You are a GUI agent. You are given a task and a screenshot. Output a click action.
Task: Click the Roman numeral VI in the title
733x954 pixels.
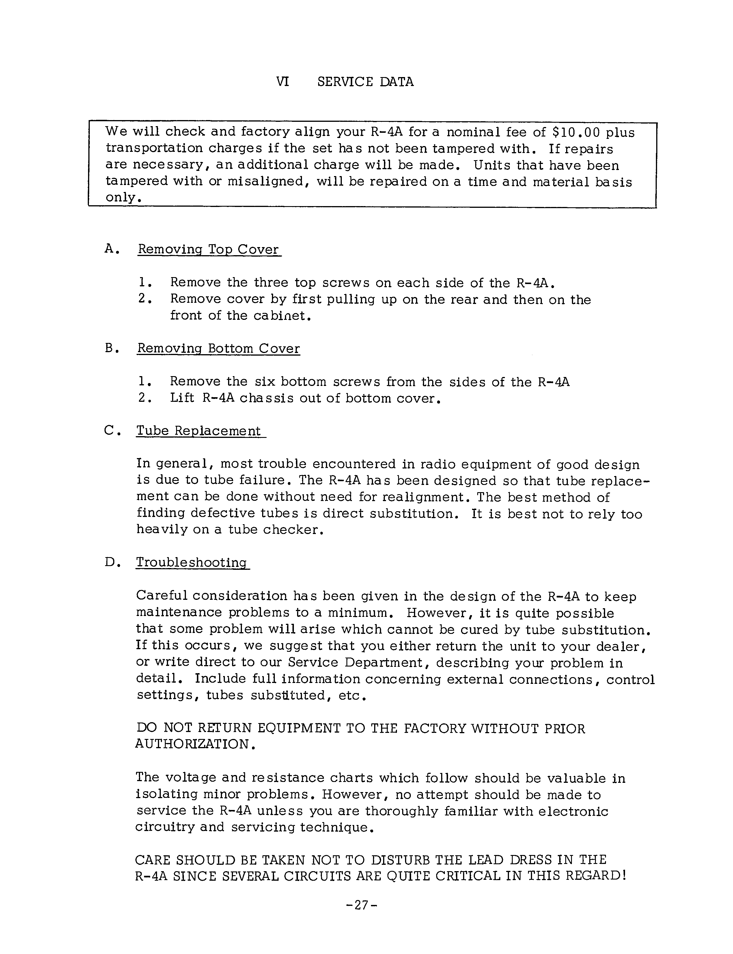click(x=282, y=82)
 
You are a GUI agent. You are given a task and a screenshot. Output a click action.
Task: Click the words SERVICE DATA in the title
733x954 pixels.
click(x=365, y=82)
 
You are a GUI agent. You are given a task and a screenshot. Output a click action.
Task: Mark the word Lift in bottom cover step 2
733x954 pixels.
click(x=182, y=398)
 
